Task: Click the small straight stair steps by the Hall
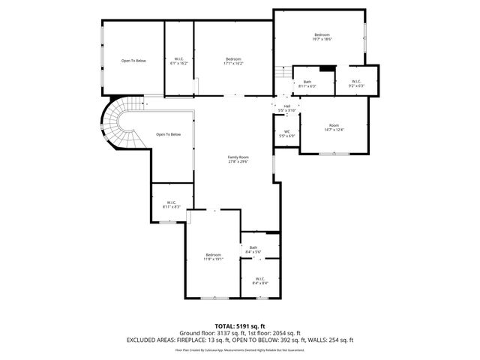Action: pos(280,73)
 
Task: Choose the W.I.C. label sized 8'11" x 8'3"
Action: pos(171,204)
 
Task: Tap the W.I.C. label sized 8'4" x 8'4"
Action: pos(260,281)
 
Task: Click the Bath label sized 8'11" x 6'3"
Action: pos(307,84)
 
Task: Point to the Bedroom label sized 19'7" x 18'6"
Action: pos(322,37)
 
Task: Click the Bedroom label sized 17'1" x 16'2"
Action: pos(233,61)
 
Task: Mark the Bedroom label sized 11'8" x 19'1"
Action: pos(214,257)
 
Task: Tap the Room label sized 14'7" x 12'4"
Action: pos(334,127)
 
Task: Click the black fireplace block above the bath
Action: pos(326,70)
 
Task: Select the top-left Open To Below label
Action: pos(133,60)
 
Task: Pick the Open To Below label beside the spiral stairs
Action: pos(168,134)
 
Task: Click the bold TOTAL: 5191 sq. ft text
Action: pos(239,325)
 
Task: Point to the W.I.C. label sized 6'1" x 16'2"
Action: pos(179,61)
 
